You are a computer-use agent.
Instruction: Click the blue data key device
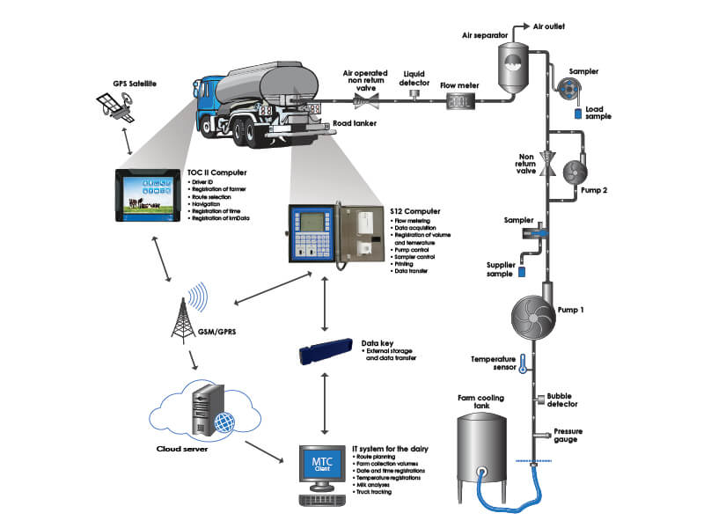tap(326, 354)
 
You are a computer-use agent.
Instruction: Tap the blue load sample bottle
tap(577, 113)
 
